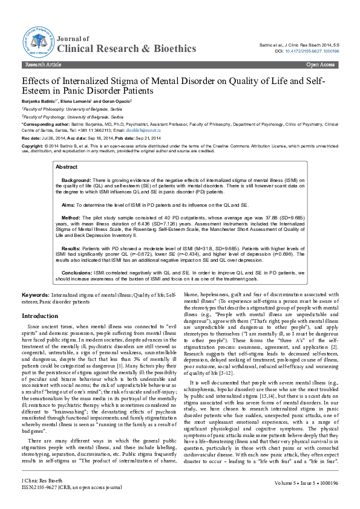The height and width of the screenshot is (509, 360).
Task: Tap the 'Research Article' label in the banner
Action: (x=42, y=63)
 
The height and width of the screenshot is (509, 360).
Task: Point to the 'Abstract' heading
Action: (x=67, y=150)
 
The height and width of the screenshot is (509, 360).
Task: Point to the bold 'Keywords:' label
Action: (x=36, y=294)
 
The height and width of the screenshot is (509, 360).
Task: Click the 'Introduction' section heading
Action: (x=40, y=316)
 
